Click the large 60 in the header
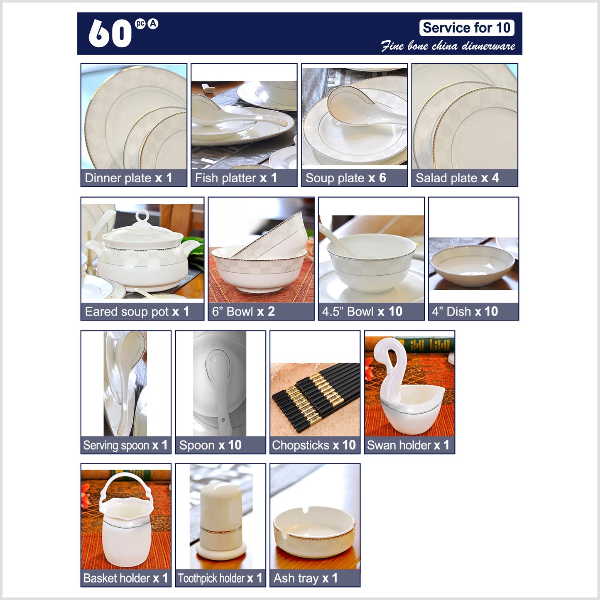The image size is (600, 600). pyautogui.click(x=110, y=33)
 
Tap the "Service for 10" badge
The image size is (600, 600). pyautogui.click(x=467, y=28)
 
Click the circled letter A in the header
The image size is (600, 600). pyautogui.click(x=153, y=24)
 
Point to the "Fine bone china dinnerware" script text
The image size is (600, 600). pyautogui.click(x=448, y=46)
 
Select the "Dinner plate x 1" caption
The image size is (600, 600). pyautogui.click(x=128, y=178)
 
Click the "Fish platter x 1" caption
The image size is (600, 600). pyautogui.click(x=236, y=178)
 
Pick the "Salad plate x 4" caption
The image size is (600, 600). pyautogui.click(x=458, y=178)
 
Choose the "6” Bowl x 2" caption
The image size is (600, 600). pyautogui.click(x=243, y=311)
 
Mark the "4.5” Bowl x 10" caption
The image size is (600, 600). pyautogui.click(x=362, y=311)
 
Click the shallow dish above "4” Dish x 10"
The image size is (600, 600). pyautogui.click(x=473, y=265)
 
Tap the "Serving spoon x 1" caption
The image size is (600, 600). pyautogui.click(x=125, y=445)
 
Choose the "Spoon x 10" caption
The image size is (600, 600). pyautogui.click(x=210, y=445)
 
